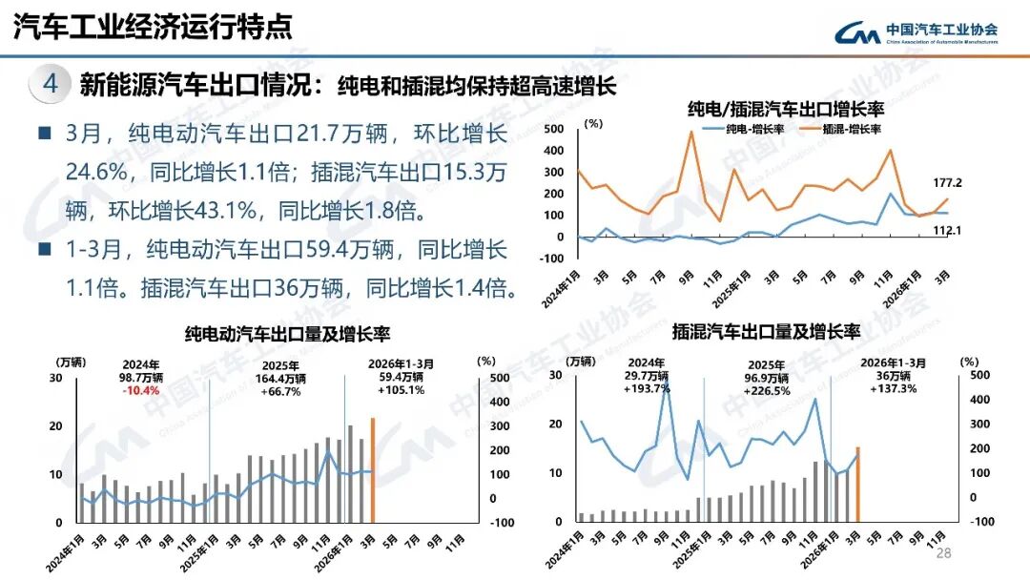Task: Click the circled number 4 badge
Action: click(51, 85)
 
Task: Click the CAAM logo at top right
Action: click(917, 32)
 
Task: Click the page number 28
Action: click(944, 554)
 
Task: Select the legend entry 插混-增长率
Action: click(843, 129)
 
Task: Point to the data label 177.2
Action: click(947, 182)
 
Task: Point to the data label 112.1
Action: click(947, 230)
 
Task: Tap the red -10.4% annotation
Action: click(141, 390)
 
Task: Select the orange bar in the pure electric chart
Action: click(373, 469)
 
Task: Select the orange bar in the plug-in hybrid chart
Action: click(857, 484)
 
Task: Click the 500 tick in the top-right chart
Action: click(555, 129)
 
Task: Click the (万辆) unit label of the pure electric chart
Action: click(72, 362)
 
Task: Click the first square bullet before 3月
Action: click(44, 133)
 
